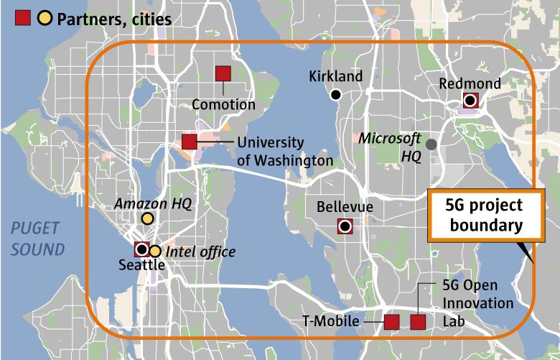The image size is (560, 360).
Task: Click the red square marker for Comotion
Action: tap(223, 73)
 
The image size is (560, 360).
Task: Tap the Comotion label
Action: tap(223, 105)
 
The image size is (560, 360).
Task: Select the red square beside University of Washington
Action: tap(190, 142)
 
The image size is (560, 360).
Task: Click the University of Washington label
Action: tap(284, 152)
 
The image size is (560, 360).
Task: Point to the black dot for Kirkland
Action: tap(335, 94)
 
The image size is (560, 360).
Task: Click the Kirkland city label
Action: tap(336, 76)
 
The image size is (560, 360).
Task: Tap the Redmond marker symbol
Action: tap(470, 101)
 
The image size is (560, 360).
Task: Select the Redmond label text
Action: tap(470, 84)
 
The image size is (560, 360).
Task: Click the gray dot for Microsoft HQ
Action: tap(431, 144)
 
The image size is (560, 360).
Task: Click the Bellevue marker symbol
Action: tap(345, 226)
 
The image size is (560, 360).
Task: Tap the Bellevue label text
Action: tap(345, 208)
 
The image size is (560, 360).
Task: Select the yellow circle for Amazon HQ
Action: tap(147, 218)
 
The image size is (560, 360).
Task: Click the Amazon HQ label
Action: tap(153, 204)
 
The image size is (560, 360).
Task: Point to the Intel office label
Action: tap(200, 251)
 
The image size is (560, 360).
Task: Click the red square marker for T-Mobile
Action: tap(392, 322)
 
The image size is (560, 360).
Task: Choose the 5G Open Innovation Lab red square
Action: tap(418, 322)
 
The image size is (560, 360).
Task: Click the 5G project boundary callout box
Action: tap(483, 216)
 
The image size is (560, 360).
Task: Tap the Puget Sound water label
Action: tap(37, 239)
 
